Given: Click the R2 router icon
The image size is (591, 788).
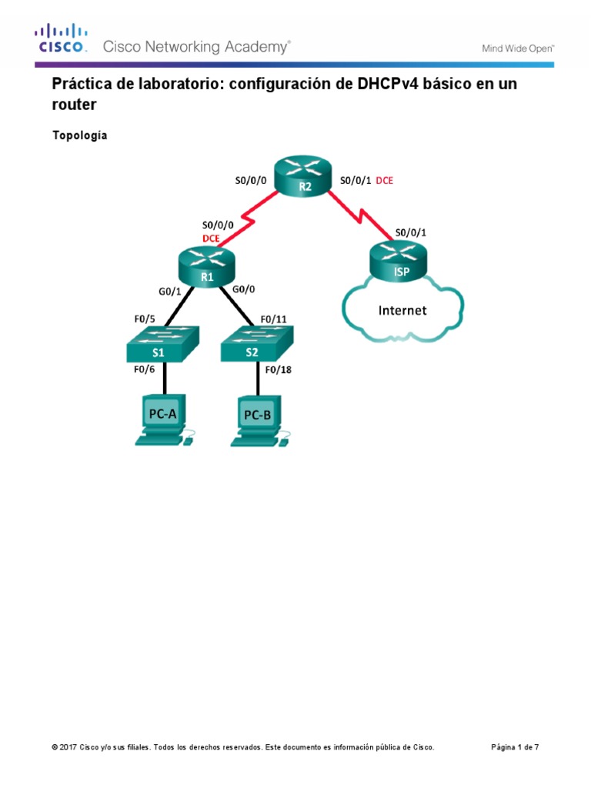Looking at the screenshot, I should [x=306, y=179].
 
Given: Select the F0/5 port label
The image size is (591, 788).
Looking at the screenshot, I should [x=145, y=318].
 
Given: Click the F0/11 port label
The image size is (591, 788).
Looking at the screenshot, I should [x=275, y=318].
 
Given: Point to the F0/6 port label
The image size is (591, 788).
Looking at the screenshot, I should [x=144, y=369].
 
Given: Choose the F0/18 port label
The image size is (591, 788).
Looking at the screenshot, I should [x=278, y=369].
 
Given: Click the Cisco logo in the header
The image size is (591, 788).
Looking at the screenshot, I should [x=62, y=38].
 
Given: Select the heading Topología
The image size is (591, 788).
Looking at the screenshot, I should [x=79, y=135].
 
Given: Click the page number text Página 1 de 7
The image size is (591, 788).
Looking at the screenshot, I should [x=520, y=747].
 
